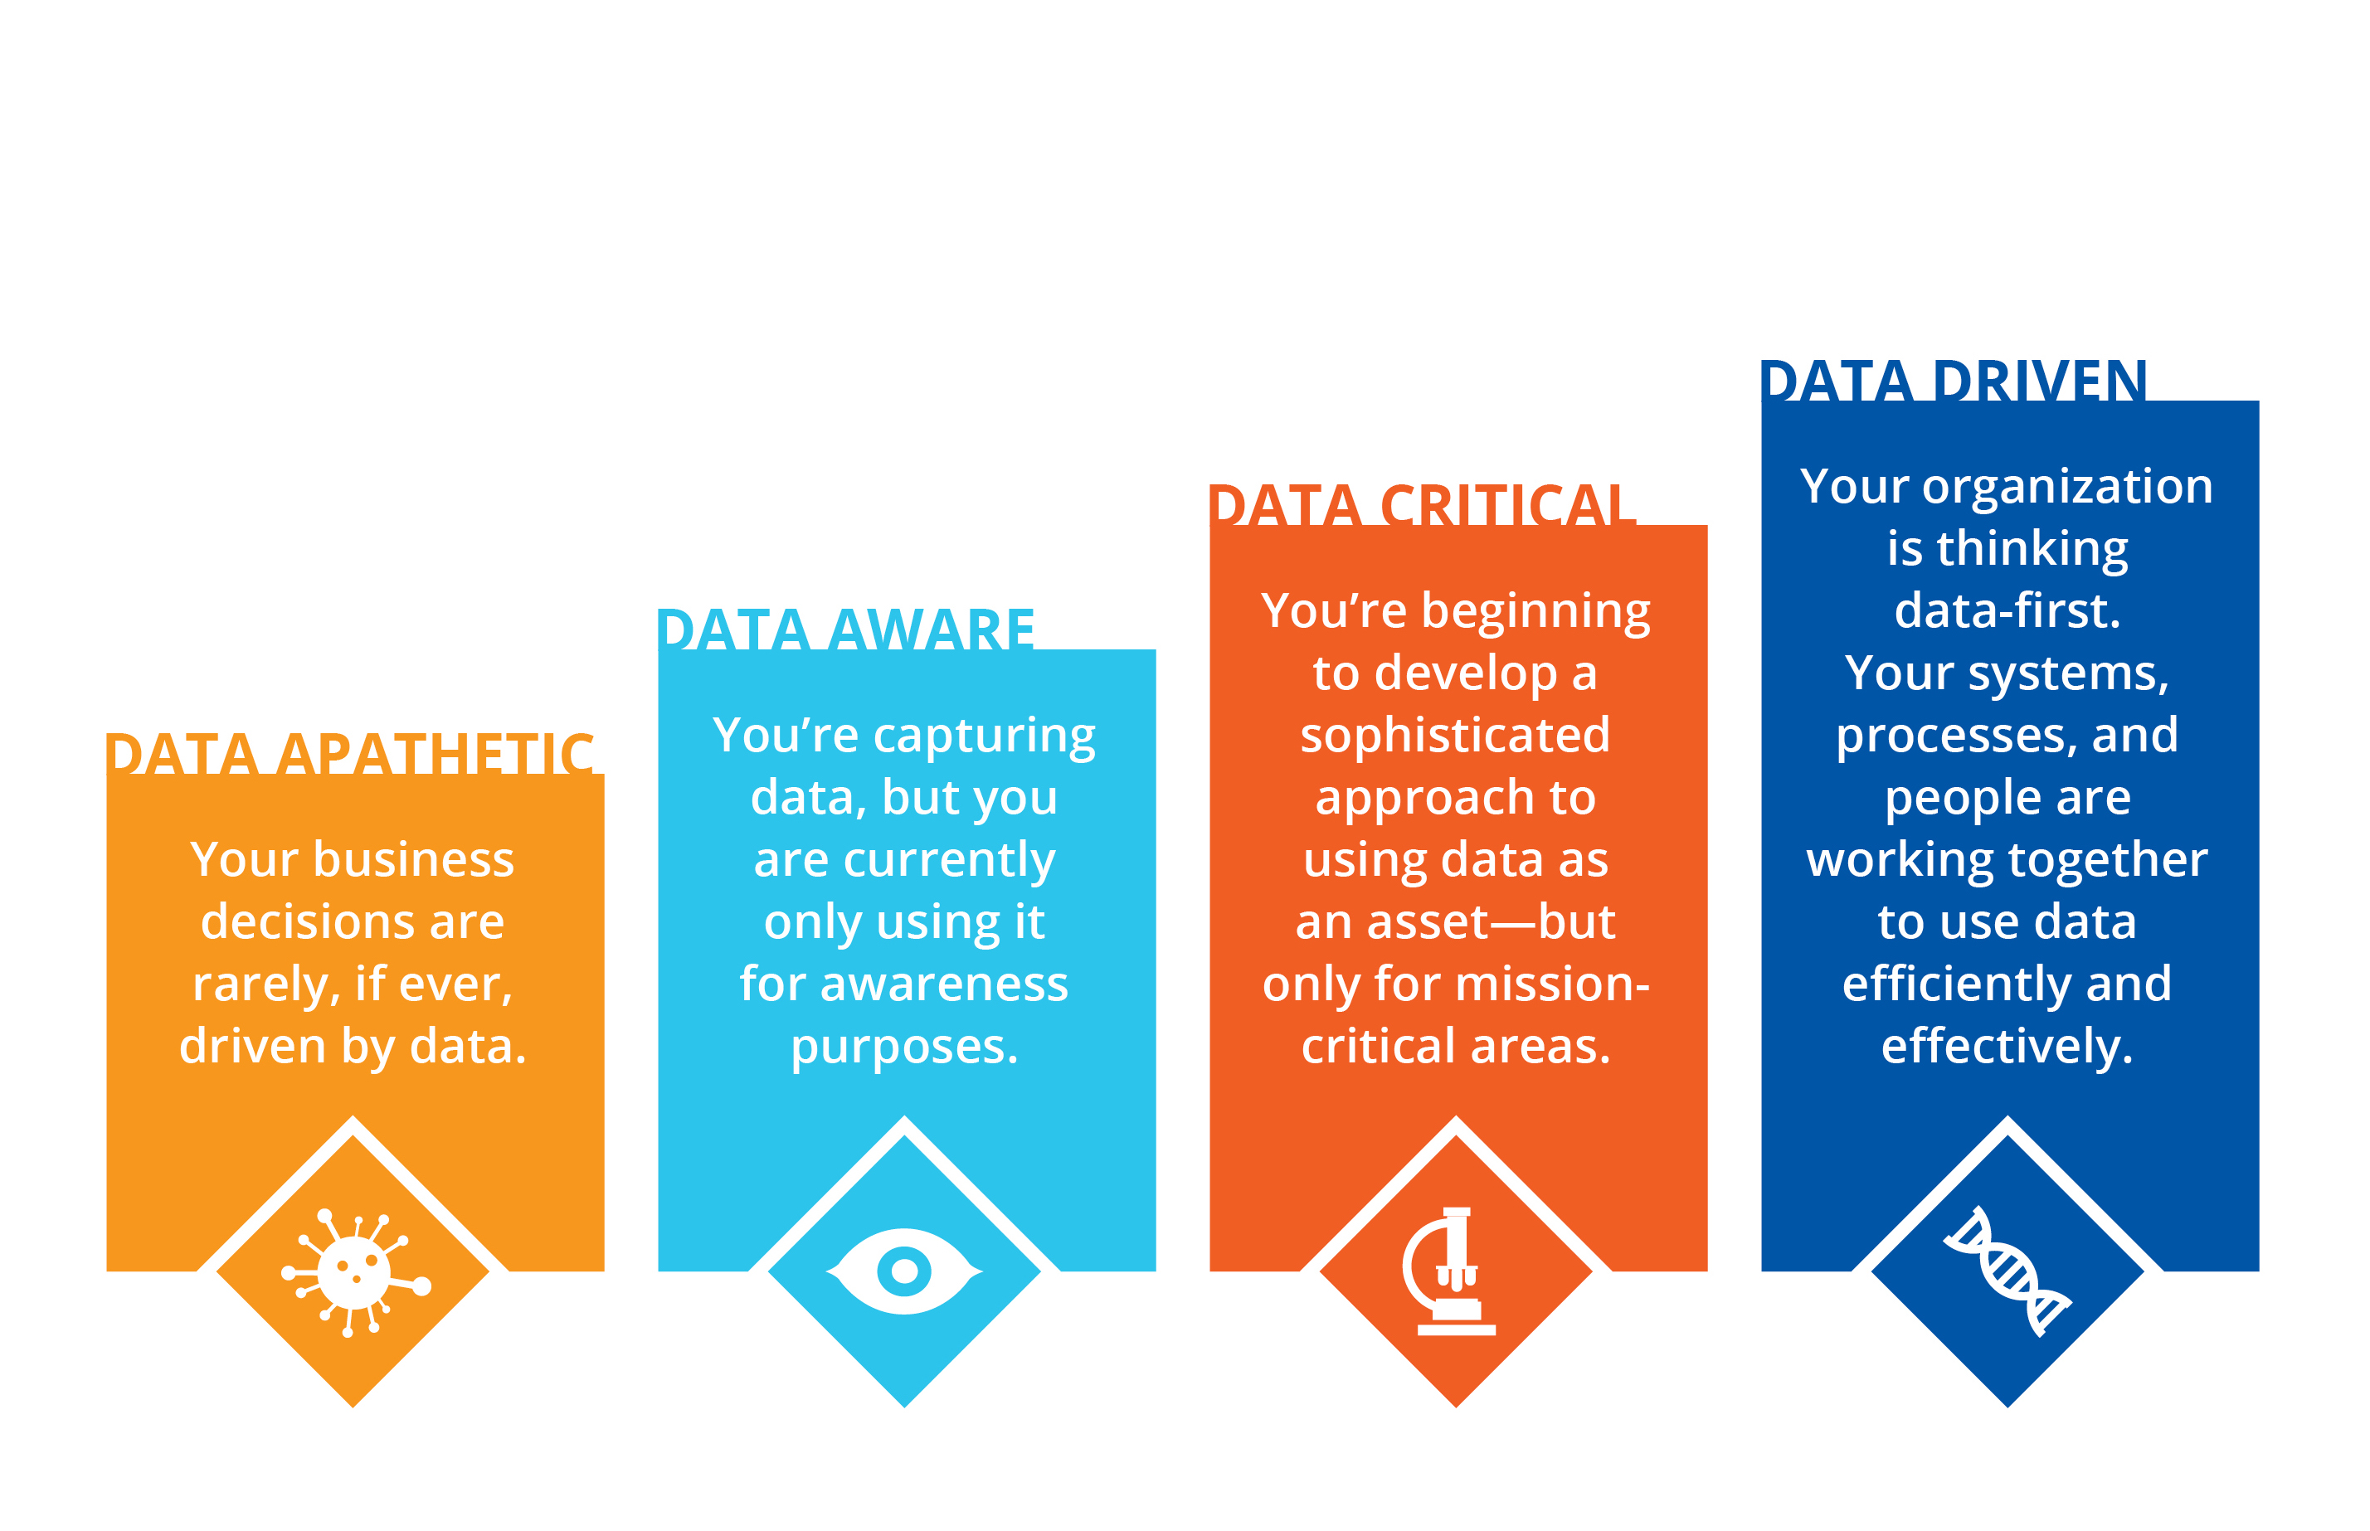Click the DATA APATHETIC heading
[351, 754]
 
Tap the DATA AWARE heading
[846, 629]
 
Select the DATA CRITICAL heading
[1423, 505]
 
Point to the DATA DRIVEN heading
[1954, 381]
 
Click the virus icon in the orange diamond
[355, 1272]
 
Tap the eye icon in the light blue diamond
[903, 1271]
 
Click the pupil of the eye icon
[903, 1271]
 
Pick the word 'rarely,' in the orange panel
[265, 984]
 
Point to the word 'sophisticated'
[1455, 735]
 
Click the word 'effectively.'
[2007, 1046]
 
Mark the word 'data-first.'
[2007, 610]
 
